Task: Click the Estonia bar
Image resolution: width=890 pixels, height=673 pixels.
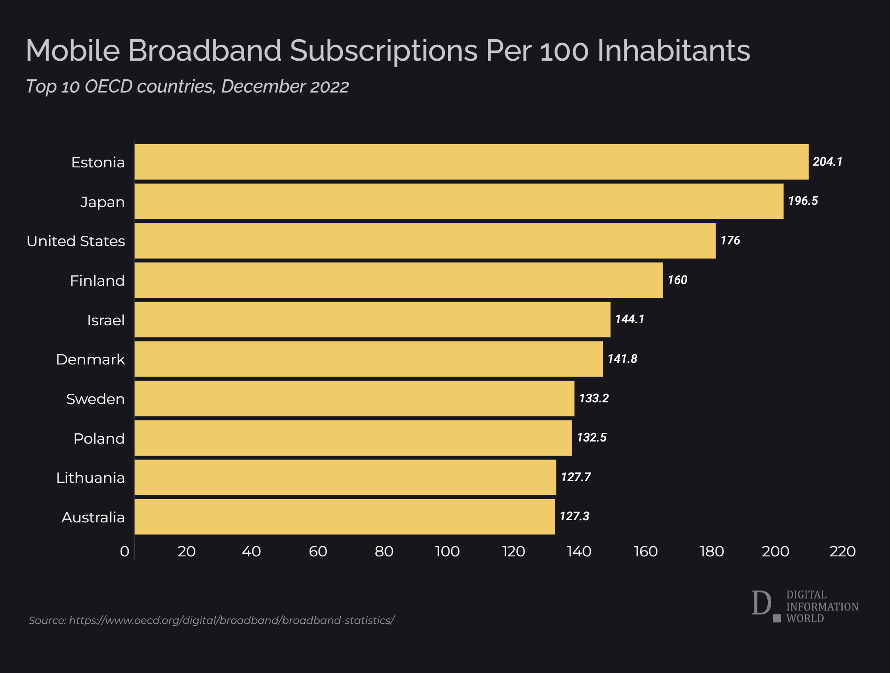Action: [x=471, y=162]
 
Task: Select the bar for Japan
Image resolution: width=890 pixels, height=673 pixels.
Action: [x=459, y=201]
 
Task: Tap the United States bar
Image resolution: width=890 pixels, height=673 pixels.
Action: [x=425, y=241]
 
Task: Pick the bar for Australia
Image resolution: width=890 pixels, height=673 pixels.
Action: [x=344, y=517]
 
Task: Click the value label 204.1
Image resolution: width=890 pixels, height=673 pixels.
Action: [x=827, y=162]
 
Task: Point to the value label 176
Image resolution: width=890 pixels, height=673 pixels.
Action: [x=730, y=241]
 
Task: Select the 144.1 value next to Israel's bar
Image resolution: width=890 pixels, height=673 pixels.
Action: [x=629, y=319]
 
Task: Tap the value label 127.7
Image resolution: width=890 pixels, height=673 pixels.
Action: [x=576, y=477]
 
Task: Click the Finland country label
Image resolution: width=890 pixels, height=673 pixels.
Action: [x=97, y=281]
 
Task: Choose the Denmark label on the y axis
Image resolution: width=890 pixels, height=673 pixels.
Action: [x=90, y=359]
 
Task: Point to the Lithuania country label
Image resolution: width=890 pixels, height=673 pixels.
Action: [x=90, y=478]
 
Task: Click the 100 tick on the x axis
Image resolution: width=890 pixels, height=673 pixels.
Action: [x=447, y=552]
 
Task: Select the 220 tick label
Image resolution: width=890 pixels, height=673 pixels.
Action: [x=842, y=552]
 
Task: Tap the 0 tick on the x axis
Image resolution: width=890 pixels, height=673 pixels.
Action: [x=124, y=552]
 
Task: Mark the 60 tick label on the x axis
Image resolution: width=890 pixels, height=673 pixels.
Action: [x=318, y=552]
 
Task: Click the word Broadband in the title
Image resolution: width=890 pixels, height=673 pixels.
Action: [x=205, y=51]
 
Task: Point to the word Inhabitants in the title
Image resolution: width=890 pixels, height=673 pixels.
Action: [x=673, y=51]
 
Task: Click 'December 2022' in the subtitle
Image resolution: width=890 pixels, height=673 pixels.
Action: [x=285, y=86]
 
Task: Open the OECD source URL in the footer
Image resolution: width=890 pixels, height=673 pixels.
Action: [x=232, y=620]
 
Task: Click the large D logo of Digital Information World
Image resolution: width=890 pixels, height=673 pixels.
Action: [x=762, y=603]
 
